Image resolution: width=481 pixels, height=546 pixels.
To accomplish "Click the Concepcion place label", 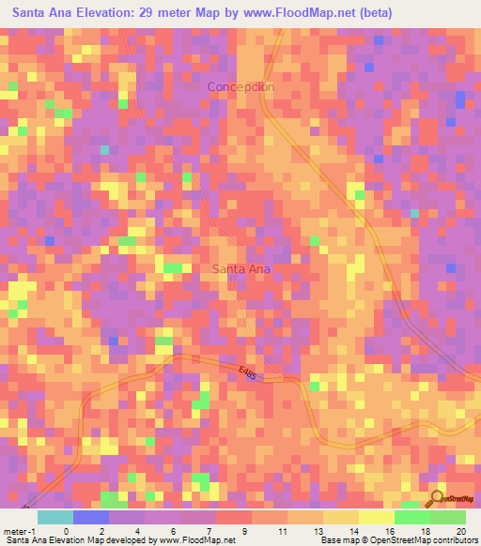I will (x=240, y=86).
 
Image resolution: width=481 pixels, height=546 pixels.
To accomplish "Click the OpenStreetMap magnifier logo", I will (x=436, y=498).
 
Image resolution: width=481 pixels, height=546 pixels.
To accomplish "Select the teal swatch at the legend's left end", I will (x=54, y=517).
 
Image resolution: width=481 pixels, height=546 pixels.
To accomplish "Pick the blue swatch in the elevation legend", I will (x=90, y=517).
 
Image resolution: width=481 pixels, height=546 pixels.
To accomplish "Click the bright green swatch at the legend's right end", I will (x=447, y=517).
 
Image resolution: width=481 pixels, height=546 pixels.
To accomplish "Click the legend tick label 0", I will (x=66, y=530).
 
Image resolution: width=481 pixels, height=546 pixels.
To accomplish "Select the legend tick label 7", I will (x=209, y=530).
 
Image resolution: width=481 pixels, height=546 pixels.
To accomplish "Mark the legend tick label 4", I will (x=137, y=530).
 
